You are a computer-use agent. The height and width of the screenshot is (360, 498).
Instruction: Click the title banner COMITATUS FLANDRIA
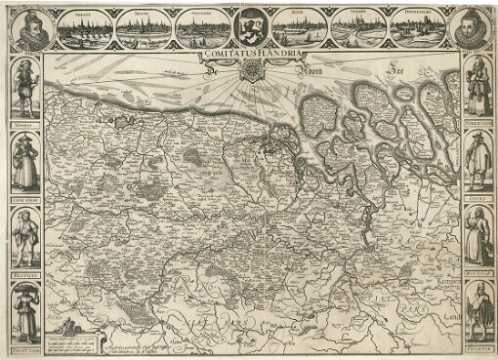pos(249,56)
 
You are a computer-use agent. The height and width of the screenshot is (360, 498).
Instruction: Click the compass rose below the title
pos(250,71)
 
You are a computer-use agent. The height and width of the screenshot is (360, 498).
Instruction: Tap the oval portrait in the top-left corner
pos(27,29)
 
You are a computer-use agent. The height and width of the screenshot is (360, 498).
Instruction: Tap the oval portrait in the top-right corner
pos(473,29)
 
